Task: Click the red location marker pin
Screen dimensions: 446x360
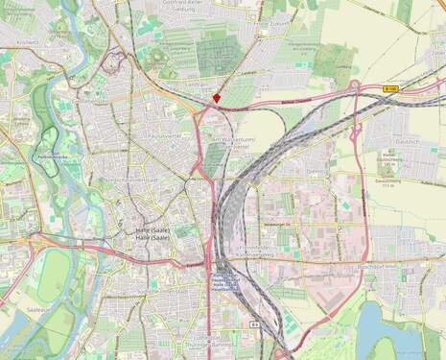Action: [218, 97]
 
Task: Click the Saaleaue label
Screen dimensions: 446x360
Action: [38, 310]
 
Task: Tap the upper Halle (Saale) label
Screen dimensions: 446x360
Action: [152, 230]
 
